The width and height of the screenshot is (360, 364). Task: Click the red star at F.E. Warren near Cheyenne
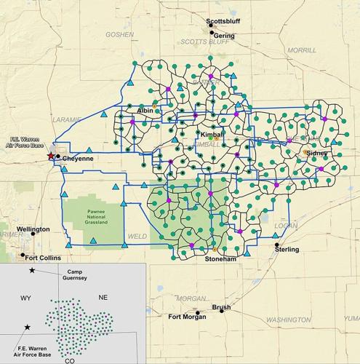click(x=50, y=156)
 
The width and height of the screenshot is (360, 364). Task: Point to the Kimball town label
click(x=212, y=135)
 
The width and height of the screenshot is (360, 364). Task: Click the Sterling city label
click(x=287, y=250)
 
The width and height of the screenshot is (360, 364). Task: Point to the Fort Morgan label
click(x=186, y=317)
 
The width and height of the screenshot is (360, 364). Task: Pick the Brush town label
click(x=221, y=307)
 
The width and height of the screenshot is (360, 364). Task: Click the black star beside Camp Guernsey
click(x=32, y=271)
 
